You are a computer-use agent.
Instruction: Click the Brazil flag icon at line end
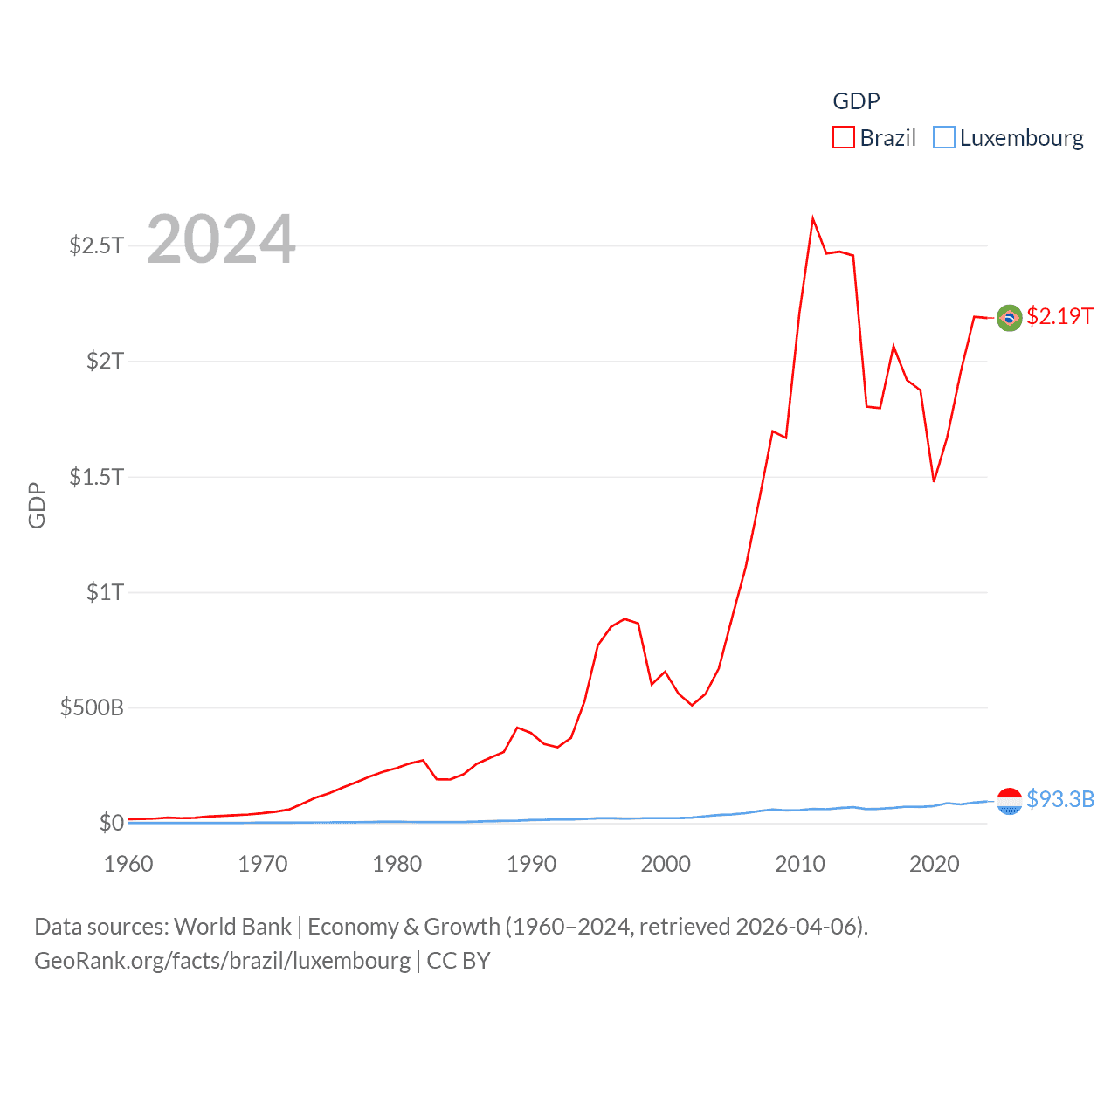pyautogui.click(x=1009, y=318)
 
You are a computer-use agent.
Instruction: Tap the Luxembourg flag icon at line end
pyautogui.click(x=1009, y=801)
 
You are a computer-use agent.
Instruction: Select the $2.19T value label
pyautogui.click(x=1059, y=316)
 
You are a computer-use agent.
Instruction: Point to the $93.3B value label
pyautogui.click(x=1060, y=799)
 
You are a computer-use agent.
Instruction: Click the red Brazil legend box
pyautogui.click(x=843, y=138)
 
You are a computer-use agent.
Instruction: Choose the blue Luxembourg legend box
pyautogui.click(x=943, y=138)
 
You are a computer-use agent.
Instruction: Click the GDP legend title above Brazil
pyautogui.click(x=856, y=101)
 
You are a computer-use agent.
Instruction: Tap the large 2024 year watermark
pyautogui.click(x=221, y=239)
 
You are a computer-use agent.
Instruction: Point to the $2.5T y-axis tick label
pyautogui.click(x=96, y=245)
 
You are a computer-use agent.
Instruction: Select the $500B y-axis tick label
pyautogui.click(x=92, y=707)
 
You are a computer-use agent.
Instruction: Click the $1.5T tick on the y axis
pyautogui.click(x=96, y=477)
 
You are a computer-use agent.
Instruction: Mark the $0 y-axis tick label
pyautogui.click(x=111, y=823)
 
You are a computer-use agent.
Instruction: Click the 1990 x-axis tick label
pyautogui.click(x=531, y=865)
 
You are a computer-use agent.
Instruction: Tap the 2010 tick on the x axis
pyautogui.click(x=800, y=865)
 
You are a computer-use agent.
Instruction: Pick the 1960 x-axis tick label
pyautogui.click(x=128, y=865)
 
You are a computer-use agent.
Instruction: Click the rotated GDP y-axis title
pyautogui.click(x=37, y=505)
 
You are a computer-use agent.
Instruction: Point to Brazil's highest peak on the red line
pyautogui.click(x=813, y=218)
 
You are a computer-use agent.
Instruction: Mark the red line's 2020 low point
pyautogui.click(x=934, y=481)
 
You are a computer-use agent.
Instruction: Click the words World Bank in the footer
pyautogui.click(x=232, y=927)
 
